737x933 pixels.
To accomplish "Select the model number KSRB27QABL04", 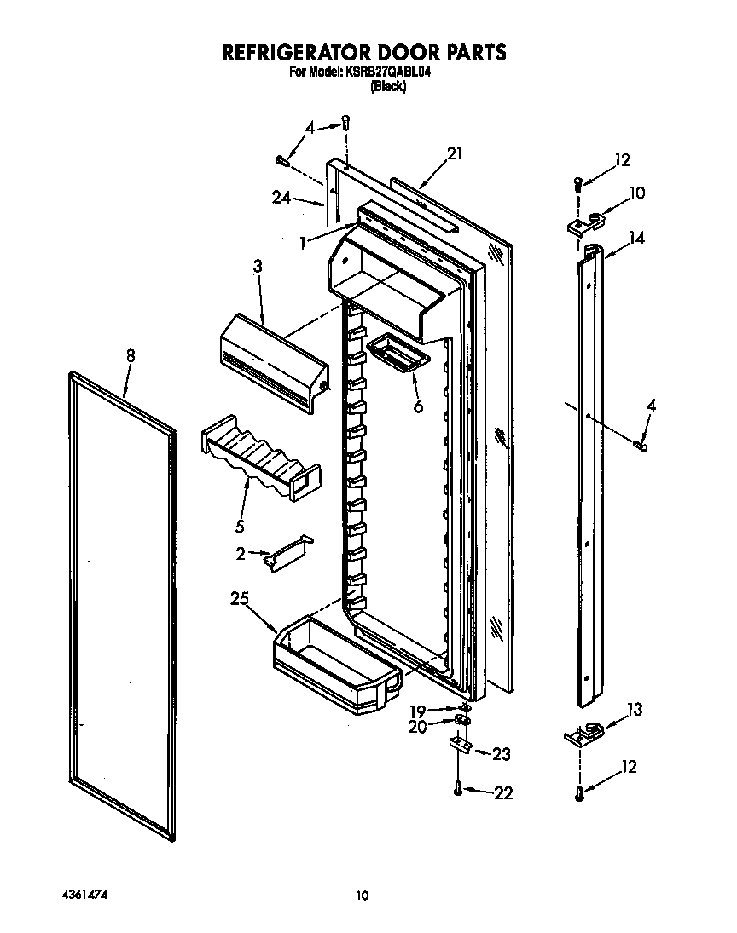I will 388,73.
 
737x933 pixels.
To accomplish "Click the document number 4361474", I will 83,896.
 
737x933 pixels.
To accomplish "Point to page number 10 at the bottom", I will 363,896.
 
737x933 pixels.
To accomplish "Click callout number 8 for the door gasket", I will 131,357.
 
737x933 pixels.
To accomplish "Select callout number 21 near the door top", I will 455,154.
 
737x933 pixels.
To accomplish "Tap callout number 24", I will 281,199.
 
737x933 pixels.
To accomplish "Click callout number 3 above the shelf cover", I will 257,267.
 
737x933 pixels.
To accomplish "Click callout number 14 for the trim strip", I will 636,239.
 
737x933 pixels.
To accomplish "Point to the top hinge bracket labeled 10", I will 584,222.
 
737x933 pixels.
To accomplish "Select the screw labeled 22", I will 459,791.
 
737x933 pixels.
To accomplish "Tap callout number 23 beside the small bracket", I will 502,753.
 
